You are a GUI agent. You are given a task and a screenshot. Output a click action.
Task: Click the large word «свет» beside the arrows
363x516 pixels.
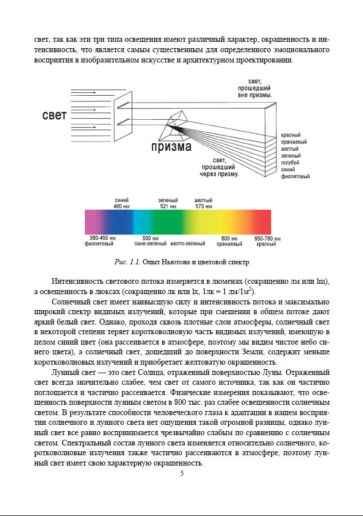pyautogui.click(x=54, y=115)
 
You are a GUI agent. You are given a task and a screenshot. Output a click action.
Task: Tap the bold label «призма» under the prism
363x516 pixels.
pyautogui.click(x=171, y=147)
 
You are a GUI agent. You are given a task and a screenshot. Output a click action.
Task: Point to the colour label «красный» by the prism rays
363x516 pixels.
pyautogui.click(x=291, y=135)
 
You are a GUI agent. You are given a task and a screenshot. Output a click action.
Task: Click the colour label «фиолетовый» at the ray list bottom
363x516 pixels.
pyautogui.click(x=295, y=177)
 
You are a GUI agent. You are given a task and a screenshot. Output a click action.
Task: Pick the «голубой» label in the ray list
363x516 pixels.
pyautogui.click(x=291, y=163)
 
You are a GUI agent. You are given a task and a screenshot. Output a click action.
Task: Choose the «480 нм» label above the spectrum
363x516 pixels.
pyautogui.click(x=122, y=206)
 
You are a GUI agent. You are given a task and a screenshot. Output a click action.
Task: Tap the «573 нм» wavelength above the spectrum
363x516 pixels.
pyautogui.click(x=204, y=206)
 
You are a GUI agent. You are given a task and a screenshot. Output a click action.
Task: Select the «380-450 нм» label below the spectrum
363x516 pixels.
pyautogui.click(x=103, y=238)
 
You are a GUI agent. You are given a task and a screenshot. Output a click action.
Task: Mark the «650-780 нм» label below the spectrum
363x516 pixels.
pyautogui.click(x=267, y=238)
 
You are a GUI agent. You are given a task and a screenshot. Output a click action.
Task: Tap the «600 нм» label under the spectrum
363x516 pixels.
pyautogui.click(x=229, y=238)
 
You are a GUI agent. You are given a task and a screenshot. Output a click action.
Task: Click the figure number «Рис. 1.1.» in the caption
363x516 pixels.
pyautogui.click(x=128, y=262)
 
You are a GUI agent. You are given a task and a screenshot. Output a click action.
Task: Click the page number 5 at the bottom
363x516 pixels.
pyautogui.click(x=182, y=474)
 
